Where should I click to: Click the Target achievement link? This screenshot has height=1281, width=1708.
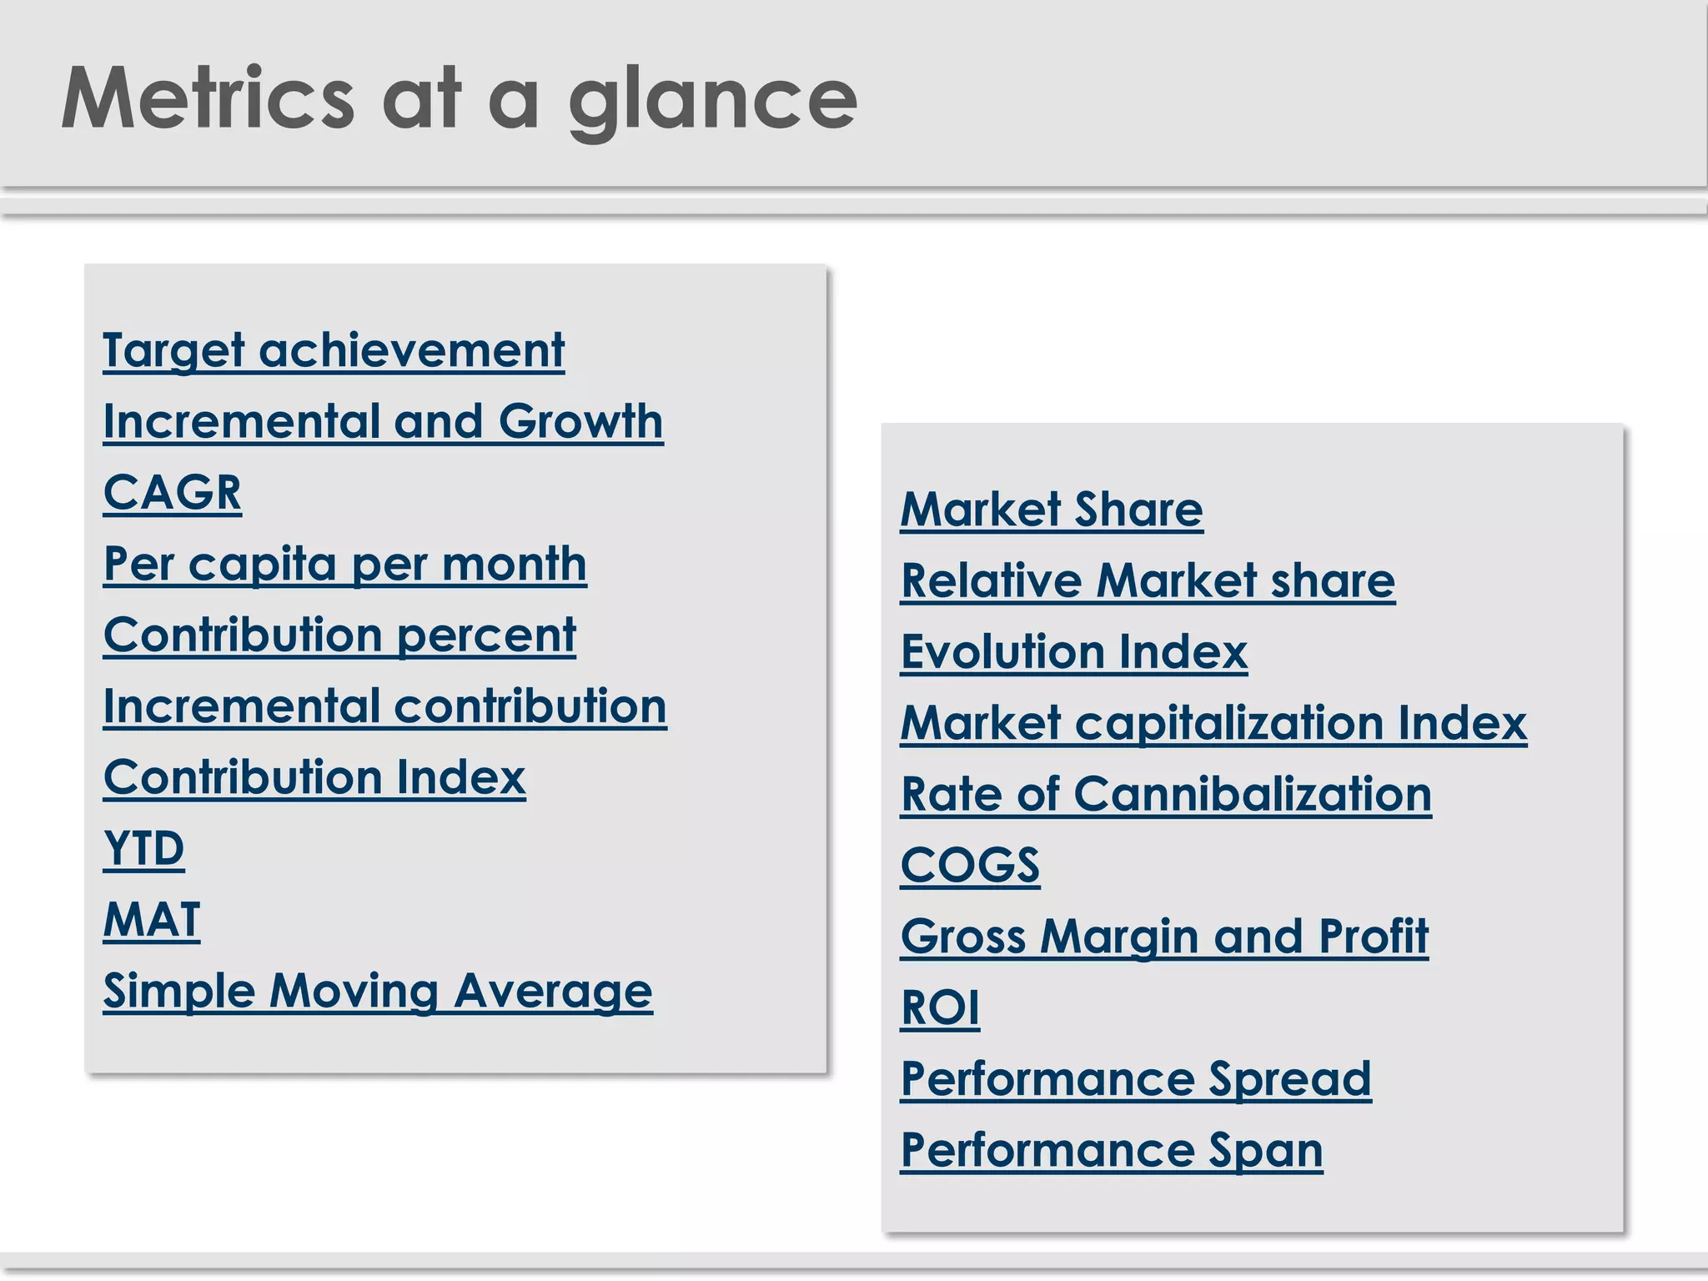point(334,350)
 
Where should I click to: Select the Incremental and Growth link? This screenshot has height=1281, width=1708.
point(383,421)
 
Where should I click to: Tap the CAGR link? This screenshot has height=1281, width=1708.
point(173,493)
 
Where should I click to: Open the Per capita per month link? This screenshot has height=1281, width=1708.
point(344,565)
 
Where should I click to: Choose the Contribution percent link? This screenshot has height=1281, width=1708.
point(339,635)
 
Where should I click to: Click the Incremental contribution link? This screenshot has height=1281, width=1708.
point(384,706)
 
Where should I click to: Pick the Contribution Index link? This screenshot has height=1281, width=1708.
point(314,778)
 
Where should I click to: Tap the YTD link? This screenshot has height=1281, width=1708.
point(143,849)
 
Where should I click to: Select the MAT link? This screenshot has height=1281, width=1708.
point(152,920)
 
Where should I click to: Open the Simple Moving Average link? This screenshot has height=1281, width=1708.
point(378,992)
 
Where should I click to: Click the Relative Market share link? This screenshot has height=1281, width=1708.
point(1148,580)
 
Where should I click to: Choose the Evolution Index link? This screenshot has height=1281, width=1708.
point(1074,651)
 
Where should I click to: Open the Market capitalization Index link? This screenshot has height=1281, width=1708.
point(1213,723)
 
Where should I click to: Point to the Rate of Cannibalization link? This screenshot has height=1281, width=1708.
point(1166,794)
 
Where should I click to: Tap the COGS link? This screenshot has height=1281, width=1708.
point(970,865)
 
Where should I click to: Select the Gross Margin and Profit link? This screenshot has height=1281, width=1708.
point(1164,937)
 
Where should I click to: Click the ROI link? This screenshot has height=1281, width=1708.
point(940,1007)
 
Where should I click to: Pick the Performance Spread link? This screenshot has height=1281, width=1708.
point(1136,1079)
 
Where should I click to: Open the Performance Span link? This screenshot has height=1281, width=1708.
point(1112,1150)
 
